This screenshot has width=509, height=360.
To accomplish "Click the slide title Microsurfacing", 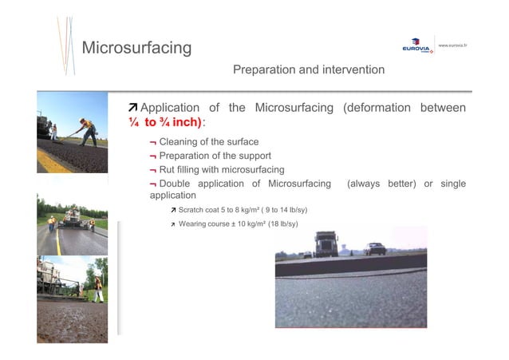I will click(x=136, y=48).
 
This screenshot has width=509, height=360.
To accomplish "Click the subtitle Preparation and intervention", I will click(x=308, y=70).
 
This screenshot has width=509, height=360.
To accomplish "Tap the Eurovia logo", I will click(x=417, y=48).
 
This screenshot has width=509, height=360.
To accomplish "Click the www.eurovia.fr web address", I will click(x=452, y=45).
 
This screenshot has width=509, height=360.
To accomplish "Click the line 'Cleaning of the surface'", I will click(x=208, y=141).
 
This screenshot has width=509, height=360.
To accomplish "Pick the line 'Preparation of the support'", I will click(x=215, y=156).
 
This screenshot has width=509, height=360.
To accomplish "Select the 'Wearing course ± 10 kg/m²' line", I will click(x=238, y=224).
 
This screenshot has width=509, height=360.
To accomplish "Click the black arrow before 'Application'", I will click(x=133, y=108).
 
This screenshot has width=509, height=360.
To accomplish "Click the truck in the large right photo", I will click(x=326, y=243).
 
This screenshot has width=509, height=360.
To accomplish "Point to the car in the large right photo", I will click(x=374, y=249).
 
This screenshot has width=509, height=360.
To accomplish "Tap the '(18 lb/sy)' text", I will click(x=283, y=224).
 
